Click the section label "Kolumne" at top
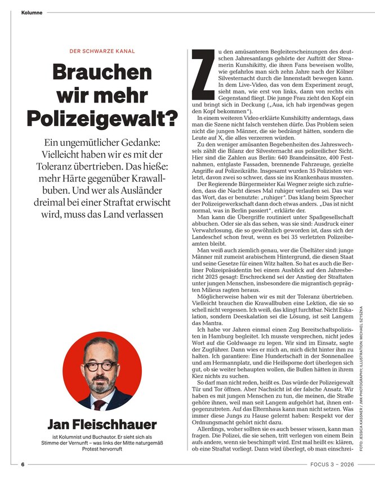(32, 12)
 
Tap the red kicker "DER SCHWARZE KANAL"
(102, 51)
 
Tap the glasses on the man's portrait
(102, 364)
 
